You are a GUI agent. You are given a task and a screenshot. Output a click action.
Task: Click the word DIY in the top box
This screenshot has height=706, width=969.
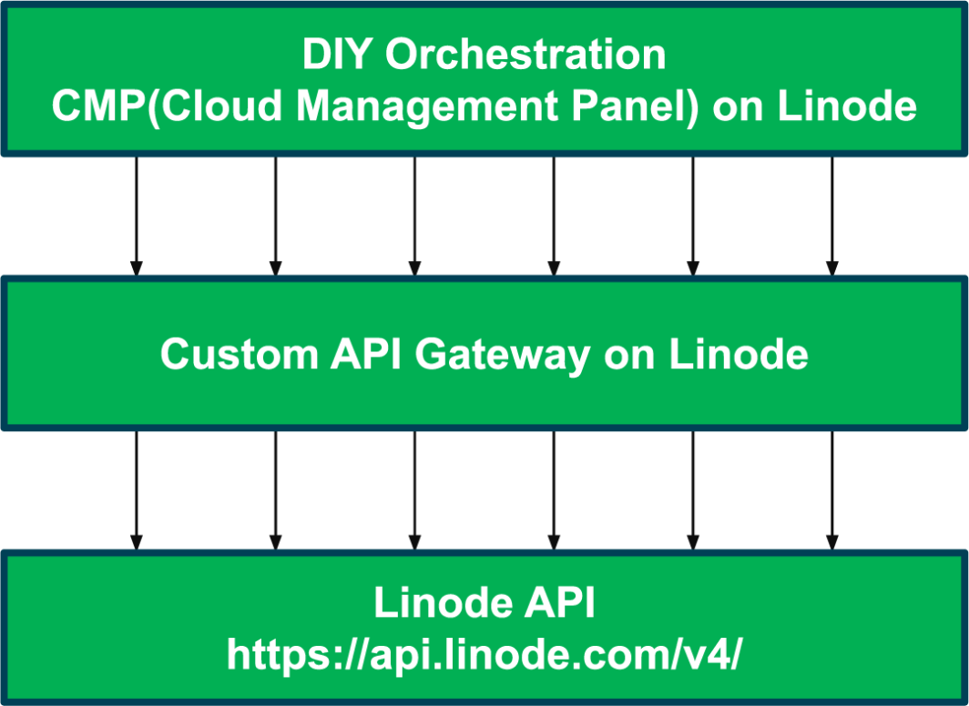pos(339,55)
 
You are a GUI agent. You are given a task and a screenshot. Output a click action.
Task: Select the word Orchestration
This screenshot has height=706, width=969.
pos(525,55)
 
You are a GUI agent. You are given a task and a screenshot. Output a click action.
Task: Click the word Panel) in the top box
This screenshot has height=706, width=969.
pos(636,106)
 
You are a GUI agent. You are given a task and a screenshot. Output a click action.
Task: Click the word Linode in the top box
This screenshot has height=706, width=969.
pos(847,106)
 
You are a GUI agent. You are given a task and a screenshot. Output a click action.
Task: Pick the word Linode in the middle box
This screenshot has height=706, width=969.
pos(739,354)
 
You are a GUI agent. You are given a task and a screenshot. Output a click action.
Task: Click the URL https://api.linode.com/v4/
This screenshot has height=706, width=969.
pos(484,653)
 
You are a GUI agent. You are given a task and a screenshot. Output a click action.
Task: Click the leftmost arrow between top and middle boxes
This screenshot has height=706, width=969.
pos(137,216)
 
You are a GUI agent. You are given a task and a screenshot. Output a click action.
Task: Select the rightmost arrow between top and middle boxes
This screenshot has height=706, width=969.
pos(831,216)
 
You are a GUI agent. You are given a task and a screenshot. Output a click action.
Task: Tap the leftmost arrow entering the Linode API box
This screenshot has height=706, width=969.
pos(137,490)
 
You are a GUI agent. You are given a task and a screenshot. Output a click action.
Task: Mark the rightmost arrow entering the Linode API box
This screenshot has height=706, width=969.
pos(831,490)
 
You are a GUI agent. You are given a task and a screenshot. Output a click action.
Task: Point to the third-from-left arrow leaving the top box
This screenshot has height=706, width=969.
pos(414,216)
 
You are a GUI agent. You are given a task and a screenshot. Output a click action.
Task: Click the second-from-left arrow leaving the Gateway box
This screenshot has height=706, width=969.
pos(276,490)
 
